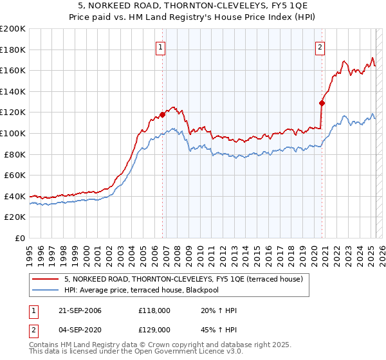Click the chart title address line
(193, 6)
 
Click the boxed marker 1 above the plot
(159, 46)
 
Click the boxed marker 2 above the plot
(320, 46)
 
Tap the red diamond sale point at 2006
(162, 114)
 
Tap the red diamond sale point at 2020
(322, 102)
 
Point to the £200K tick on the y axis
(13, 29)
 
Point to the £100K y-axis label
(13, 133)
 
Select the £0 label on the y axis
(19, 238)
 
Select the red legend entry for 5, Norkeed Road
(183, 278)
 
